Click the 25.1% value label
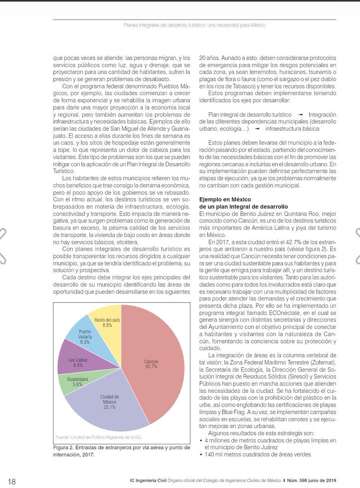[x=109, y=407]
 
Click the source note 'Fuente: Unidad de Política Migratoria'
[x=98, y=437]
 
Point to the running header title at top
[x=195, y=25]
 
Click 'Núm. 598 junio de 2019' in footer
[x=314, y=481]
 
